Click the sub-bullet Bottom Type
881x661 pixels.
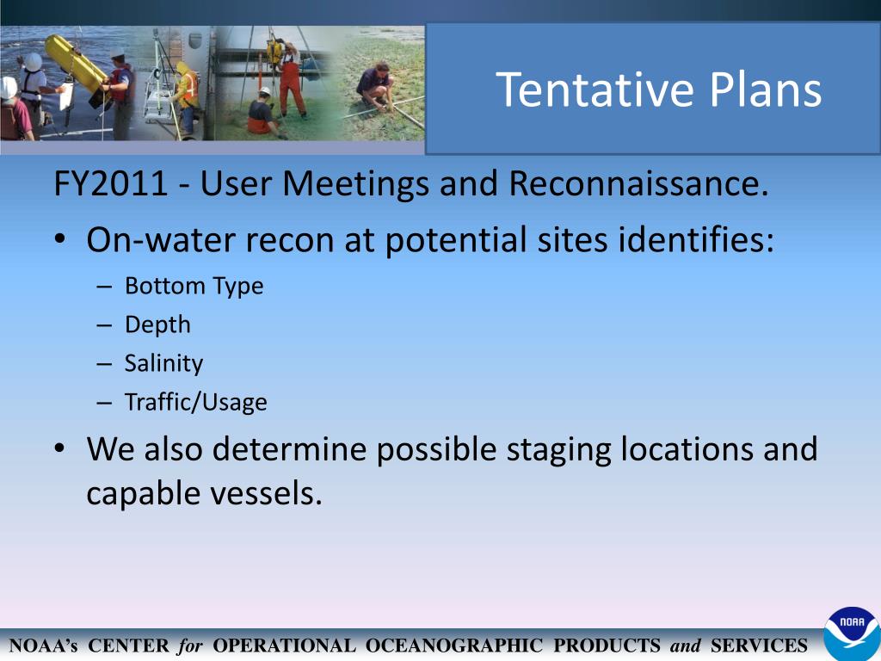(194, 286)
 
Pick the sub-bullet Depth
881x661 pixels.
(157, 324)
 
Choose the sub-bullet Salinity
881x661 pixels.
(163, 363)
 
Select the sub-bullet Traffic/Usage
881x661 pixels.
(195, 402)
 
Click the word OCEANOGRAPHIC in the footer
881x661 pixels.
(454, 646)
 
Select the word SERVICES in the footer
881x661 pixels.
(759, 646)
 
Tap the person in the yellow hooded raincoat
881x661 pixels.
(185, 95)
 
